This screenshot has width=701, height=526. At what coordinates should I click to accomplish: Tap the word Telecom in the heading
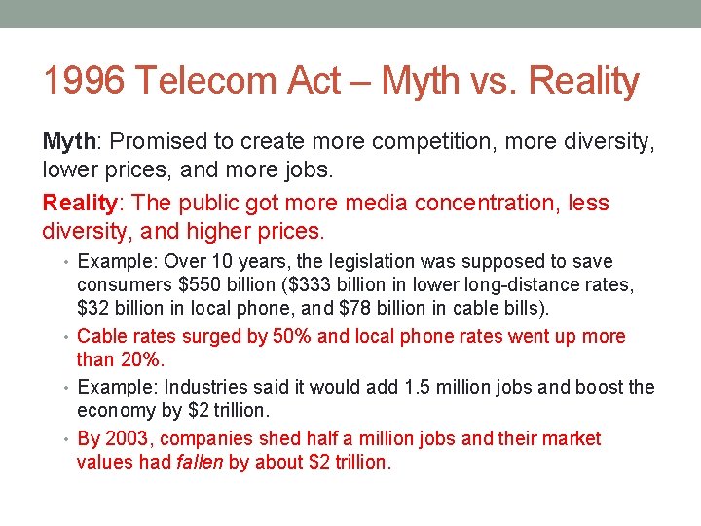coord(211,81)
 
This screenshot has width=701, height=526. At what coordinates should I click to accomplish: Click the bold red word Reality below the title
coord(81,203)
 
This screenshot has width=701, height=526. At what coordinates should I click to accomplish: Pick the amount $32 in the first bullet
coord(92,309)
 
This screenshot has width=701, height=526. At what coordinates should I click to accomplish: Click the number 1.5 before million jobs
coord(398,387)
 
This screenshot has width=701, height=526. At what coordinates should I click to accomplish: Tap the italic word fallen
coord(200,462)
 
